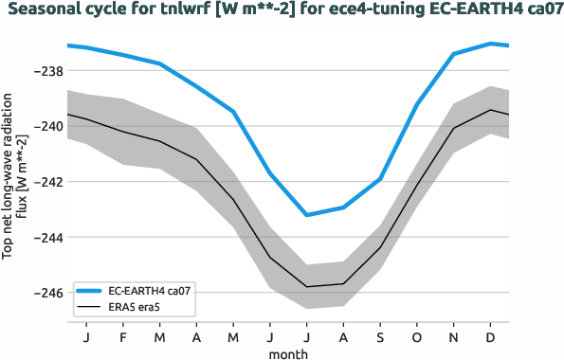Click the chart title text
pyautogui.click(x=282, y=10)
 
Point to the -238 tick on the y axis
pyautogui.click(x=46, y=71)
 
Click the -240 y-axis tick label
pyautogui.click(x=46, y=126)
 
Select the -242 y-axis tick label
pyautogui.click(x=46, y=182)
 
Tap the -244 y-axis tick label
pyautogui.click(x=46, y=237)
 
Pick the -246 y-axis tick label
pyautogui.click(x=46, y=293)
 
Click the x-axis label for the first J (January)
pyautogui.click(x=86, y=337)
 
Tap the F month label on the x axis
pyautogui.click(x=123, y=337)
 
